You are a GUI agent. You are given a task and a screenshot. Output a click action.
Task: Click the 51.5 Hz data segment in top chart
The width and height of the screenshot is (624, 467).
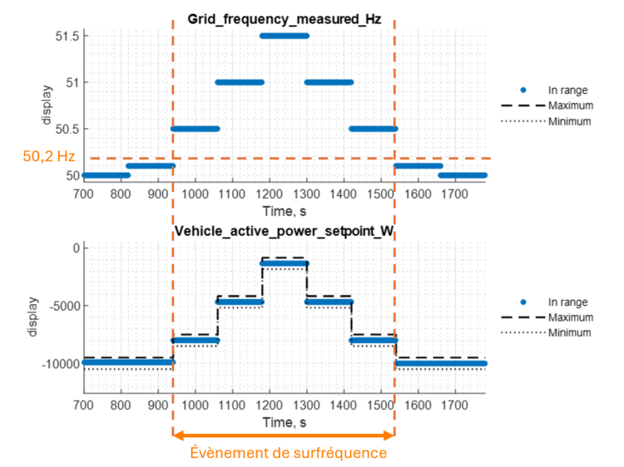click(284, 36)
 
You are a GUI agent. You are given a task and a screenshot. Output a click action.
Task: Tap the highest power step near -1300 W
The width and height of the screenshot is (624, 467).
click(284, 263)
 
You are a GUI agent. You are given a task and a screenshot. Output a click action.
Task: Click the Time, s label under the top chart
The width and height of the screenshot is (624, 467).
click(284, 210)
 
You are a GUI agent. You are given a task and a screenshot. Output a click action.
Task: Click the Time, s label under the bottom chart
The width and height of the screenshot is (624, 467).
click(284, 422)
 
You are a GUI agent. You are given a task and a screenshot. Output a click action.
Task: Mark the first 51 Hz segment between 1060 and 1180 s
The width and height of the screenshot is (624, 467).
click(240, 82)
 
